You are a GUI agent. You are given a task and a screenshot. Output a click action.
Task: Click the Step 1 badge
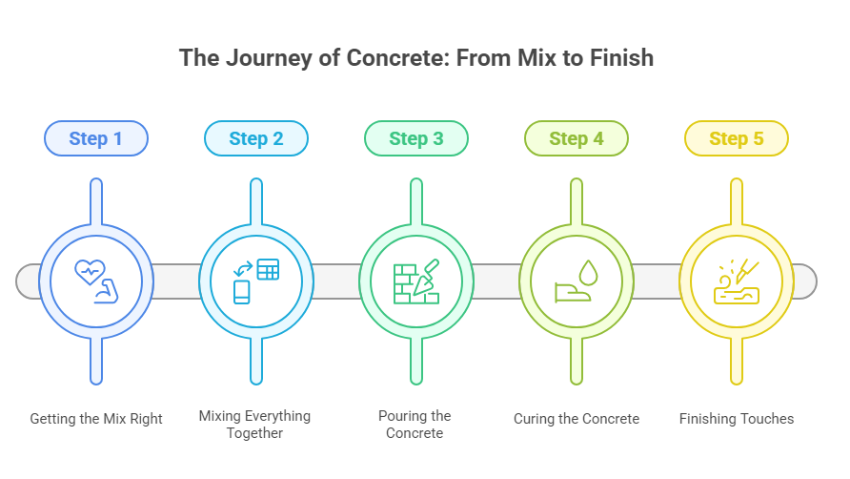click(96, 138)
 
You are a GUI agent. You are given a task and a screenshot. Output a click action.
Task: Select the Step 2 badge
click(256, 138)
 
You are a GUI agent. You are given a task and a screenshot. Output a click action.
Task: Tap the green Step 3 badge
click(416, 138)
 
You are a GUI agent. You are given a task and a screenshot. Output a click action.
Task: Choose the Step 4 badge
click(577, 138)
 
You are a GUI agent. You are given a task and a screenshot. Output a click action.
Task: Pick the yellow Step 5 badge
click(737, 138)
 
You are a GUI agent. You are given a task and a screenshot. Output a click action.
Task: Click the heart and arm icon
click(96, 281)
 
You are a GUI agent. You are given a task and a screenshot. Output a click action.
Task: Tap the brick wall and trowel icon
click(416, 281)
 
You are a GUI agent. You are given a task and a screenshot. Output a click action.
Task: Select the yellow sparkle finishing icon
click(737, 281)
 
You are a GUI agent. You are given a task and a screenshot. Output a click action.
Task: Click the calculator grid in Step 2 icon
click(268, 270)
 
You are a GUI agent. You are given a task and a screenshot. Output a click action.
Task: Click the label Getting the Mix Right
click(96, 419)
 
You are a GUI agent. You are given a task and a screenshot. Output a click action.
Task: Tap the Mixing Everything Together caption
click(254, 425)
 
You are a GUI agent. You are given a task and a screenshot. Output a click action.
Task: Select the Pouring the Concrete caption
click(415, 425)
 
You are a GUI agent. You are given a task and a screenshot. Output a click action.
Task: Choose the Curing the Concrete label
click(577, 419)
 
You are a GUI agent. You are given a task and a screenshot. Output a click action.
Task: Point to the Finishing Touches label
click(737, 419)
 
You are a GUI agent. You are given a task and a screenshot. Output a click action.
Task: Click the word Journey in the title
click(261, 57)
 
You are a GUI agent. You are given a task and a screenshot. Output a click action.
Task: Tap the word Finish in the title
click(621, 57)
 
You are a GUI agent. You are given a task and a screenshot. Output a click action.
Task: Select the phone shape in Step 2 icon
click(242, 291)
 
